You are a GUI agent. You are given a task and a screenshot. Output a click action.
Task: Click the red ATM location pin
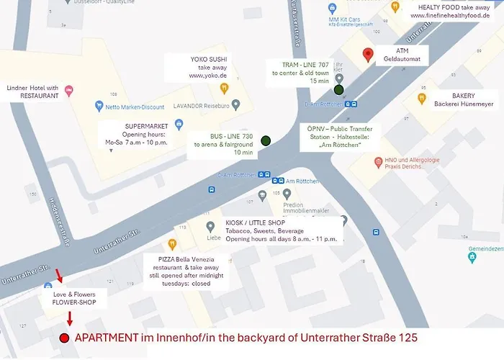click(368, 54)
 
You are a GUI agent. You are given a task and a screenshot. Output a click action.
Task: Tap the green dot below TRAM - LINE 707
click(338, 90)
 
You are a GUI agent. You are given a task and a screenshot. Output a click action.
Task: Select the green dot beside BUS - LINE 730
click(266, 140)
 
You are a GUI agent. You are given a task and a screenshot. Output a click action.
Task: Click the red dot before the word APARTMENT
click(64, 338)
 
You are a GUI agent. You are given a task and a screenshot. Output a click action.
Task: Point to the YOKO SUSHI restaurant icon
click(224, 88)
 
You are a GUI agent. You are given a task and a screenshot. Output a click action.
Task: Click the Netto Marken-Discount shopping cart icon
click(99, 107)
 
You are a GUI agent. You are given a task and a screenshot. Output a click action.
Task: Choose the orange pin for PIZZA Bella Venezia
click(172, 244)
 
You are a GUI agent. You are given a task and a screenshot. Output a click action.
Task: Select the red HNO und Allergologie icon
click(377, 163)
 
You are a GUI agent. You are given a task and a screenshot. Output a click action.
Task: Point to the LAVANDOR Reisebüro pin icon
click(235, 105)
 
